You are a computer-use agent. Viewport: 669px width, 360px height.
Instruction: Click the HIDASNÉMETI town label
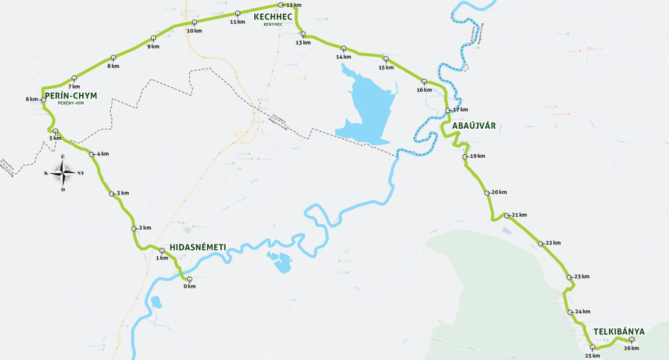pos(197,246)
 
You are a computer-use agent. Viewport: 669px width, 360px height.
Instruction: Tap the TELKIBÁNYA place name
pos(618,331)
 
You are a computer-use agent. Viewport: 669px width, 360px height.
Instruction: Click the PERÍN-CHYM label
pos(71,96)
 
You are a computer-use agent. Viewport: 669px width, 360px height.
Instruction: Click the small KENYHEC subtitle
pos(273,24)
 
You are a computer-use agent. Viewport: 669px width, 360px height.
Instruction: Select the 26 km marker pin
pos(631,340)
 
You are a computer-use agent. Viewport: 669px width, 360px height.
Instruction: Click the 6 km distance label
pos(32,99)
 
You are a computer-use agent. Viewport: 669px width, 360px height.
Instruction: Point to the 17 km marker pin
pos(449,111)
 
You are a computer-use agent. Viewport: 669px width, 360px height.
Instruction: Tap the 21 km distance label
pos(519,215)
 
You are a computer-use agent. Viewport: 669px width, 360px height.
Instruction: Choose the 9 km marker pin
pos(153,39)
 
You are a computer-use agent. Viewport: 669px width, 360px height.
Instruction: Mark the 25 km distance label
pos(592,355)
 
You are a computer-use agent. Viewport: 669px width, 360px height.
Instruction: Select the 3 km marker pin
pos(112,194)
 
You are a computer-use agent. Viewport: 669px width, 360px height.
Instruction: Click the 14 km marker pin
pos(344,48)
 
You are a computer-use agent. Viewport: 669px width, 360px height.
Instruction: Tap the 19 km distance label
pos(477,156)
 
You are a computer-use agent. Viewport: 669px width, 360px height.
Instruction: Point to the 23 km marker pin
pos(569,278)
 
